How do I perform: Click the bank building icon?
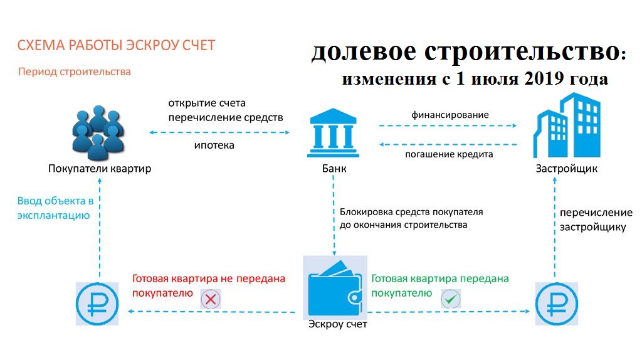pyautogui.click(x=334, y=133)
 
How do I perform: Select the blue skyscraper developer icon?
pyautogui.click(x=567, y=125)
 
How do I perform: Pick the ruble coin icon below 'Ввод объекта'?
pyautogui.click(x=97, y=304)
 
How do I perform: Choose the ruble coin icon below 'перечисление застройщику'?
pyautogui.click(x=557, y=304)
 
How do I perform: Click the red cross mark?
pyautogui.click(x=211, y=299)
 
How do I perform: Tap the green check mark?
pyautogui.click(x=451, y=299)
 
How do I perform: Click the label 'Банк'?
pyautogui.click(x=334, y=168)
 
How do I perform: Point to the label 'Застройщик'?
pyautogui.click(x=567, y=168)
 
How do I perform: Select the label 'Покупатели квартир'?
pyautogui.click(x=100, y=168)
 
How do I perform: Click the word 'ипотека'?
pyautogui.click(x=214, y=146)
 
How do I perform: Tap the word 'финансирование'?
pyautogui.click(x=450, y=115)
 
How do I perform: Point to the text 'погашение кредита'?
pyautogui.click(x=449, y=154)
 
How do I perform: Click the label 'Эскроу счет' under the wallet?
pyautogui.click(x=338, y=324)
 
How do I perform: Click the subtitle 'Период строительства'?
pyautogui.click(x=75, y=71)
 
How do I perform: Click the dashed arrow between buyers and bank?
pyautogui.click(x=219, y=132)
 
